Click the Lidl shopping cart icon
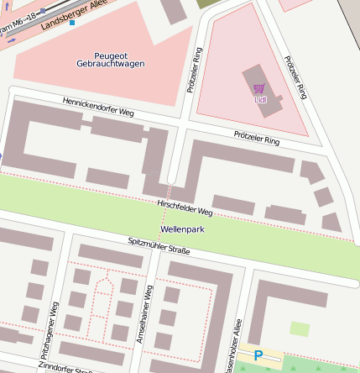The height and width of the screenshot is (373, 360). click(258, 88)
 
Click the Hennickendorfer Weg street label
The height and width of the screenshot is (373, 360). click(98, 106)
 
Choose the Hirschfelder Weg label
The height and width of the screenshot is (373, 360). click(185, 208)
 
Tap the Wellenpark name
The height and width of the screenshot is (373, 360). click(183, 229)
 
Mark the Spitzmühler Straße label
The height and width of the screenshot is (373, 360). click(159, 245)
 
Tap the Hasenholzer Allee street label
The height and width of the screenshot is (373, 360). click(237, 344)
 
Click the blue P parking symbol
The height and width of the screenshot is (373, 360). click(258, 356)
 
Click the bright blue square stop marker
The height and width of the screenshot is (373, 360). click(72, 23)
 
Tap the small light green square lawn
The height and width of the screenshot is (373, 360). click(300, 329)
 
